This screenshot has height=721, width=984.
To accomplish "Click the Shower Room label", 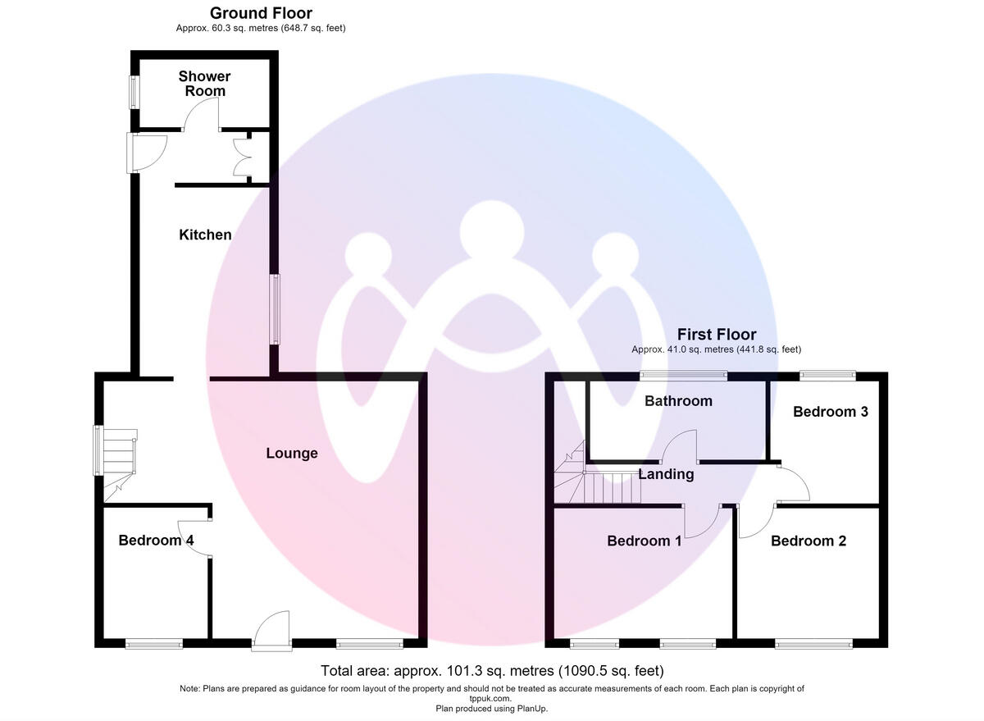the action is pos(205,84).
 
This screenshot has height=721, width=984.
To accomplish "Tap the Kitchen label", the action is pos(205,235).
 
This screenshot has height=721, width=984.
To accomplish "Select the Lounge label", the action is pos(292,454).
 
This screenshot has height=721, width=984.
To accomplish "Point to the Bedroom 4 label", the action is pos(156,540).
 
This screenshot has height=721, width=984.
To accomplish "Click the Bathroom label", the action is pos(678,401).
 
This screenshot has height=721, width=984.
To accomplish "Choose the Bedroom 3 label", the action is pos(830,412).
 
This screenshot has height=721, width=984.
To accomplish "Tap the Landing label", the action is pos(666,475).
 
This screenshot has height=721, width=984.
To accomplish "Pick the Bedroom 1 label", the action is pos(645,541).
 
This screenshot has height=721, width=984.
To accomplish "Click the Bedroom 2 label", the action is pos(809,541).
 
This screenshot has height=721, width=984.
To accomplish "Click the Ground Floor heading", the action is pos(261,13).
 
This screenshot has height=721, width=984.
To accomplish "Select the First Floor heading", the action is pos(717,335).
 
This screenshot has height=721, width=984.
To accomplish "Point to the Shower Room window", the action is pos(134,92).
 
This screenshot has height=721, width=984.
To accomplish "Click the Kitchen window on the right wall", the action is pos(275,309).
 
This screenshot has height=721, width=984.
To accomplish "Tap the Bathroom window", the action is pos(683,375).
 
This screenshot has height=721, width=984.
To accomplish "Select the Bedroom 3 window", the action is pos(827,375).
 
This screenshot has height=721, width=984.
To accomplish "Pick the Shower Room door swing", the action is pos(201,114).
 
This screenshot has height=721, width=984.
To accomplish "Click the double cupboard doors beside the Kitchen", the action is pos(242,157).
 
